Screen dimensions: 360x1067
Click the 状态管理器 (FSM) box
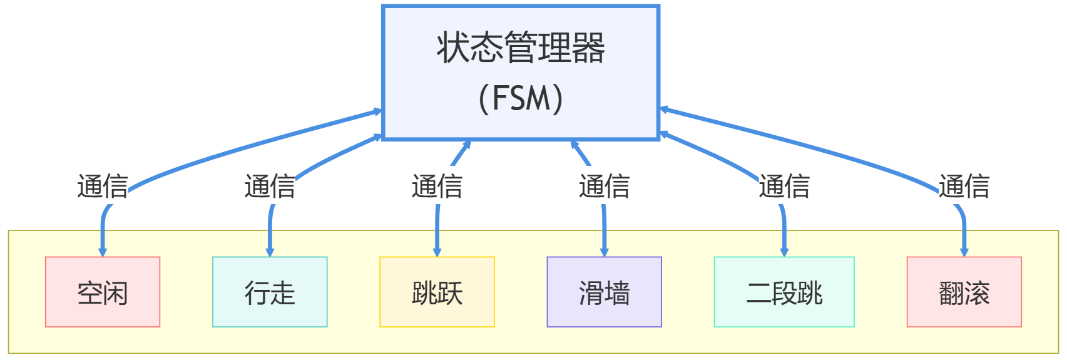coord(520,73)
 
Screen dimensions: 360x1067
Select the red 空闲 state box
coord(103,292)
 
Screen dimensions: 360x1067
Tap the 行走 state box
coord(270,292)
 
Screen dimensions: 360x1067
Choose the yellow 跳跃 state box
coord(437,292)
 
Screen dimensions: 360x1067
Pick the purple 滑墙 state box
coord(604,292)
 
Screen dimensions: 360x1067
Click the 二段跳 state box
coord(784,292)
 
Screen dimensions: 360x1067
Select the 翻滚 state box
coord(964,292)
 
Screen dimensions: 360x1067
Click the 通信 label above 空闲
coord(103,187)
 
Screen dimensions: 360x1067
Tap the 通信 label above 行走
coord(270,187)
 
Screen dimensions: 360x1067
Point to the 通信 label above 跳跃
coord(437,187)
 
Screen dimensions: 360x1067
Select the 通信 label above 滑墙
coord(604,187)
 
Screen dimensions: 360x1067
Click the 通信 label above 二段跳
coord(784,187)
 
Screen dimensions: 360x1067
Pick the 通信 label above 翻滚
coord(964,187)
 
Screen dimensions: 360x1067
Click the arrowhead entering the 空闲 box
coord(103,252)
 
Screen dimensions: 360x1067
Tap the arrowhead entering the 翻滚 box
coord(964,252)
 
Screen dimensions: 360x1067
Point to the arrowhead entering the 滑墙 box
coord(604,252)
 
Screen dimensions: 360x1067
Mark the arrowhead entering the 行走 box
coord(270,252)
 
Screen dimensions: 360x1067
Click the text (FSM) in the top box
coord(520,98)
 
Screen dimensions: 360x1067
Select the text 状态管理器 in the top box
coord(520,48)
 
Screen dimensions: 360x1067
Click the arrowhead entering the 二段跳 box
coord(784,252)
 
